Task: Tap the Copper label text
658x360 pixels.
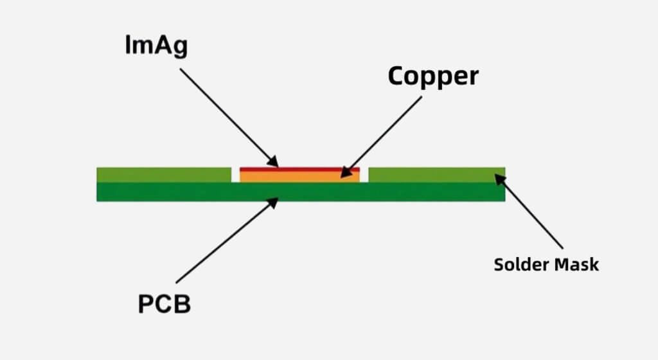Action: click(x=433, y=76)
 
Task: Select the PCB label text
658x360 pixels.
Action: click(x=164, y=303)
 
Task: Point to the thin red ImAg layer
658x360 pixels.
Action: click(x=299, y=169)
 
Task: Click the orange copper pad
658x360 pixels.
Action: click(x=299, y=176)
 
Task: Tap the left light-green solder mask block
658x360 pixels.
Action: click(x=163, y=174)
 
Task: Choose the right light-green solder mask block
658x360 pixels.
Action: click(x=437, y=174)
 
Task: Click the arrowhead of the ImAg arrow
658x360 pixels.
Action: click(x=274, y=162)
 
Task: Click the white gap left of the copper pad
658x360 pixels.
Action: click(x=235, y=175)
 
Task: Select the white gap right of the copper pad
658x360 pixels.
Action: click(x=364, y=175)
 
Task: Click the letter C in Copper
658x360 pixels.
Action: click(x=396, y=76)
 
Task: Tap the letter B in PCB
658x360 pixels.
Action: click(x=182, y=303)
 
